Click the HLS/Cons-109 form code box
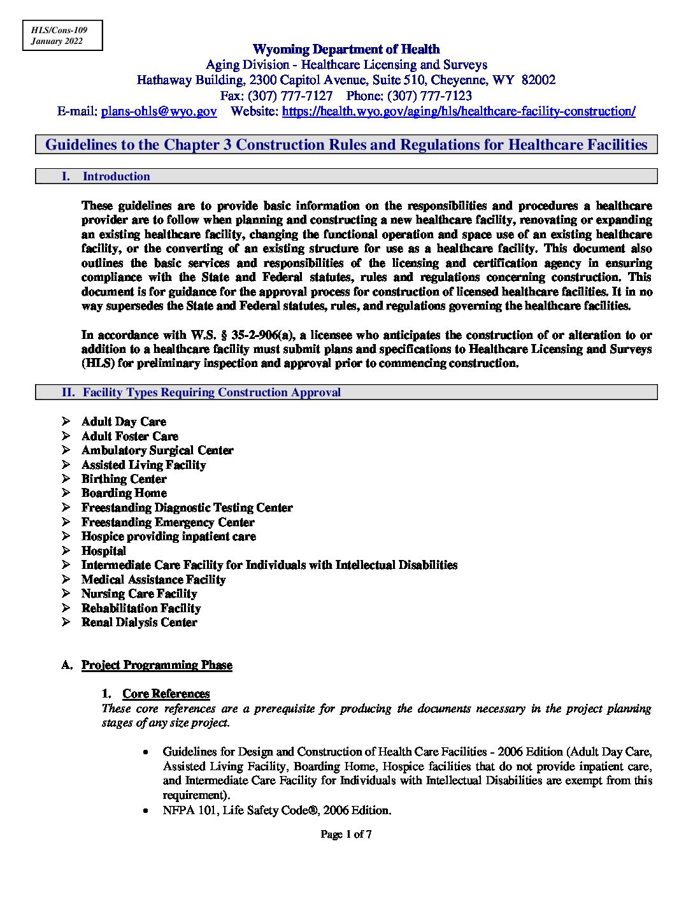click(x=62, y=36)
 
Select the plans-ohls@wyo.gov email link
click(x=159, y=111)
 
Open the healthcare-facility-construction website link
click(x=458, y=111)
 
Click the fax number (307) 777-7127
click(x=289, y=96)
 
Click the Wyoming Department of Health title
click(x=346, y=49)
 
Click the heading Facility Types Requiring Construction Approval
click(x=211, y=392)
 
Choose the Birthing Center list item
click(x=124, y=479)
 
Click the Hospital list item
click(x=104, y=551)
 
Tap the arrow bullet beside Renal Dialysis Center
click(x=66, y=622)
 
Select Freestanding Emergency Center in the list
click(x=168, y=522)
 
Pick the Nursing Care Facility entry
click(x=139, y=594)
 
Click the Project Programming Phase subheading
click(x=157, y=665)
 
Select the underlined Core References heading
click(x=166, y=694)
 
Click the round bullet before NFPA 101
click(x=146, y=811)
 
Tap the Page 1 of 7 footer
click(x=346, y=834)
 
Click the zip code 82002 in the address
click(x=538, y=80)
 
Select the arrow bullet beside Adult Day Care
click(x=66, y=422)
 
